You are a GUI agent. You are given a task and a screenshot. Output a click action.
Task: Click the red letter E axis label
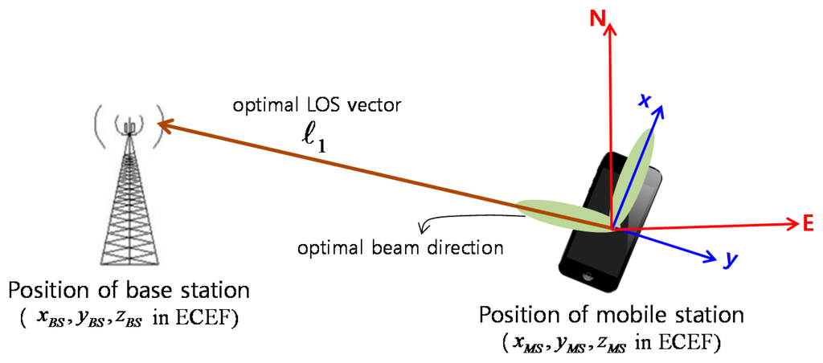(x=809, y=225)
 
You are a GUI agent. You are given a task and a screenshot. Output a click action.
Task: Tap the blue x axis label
(x=644, y=100)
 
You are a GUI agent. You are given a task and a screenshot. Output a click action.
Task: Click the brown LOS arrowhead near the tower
(x=163, y=124)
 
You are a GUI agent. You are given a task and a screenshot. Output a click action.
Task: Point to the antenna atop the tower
(x=128, y=124)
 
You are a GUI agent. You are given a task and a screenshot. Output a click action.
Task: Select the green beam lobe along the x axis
(x=635, y=169)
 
